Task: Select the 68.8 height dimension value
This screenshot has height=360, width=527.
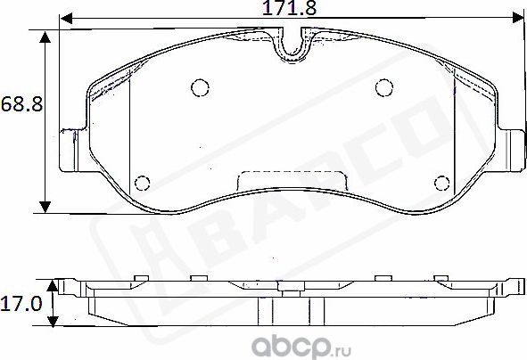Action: click(20, 105)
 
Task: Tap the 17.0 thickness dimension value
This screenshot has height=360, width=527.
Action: click(20, 304)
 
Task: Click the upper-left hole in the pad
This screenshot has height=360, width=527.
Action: click(200, 87)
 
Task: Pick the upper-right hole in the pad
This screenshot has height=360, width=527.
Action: click(383, 87)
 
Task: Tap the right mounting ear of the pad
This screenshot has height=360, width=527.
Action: click(513, 151)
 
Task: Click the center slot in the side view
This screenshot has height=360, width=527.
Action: click(291, 311)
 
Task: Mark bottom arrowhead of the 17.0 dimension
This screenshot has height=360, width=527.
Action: click(54, 324)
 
